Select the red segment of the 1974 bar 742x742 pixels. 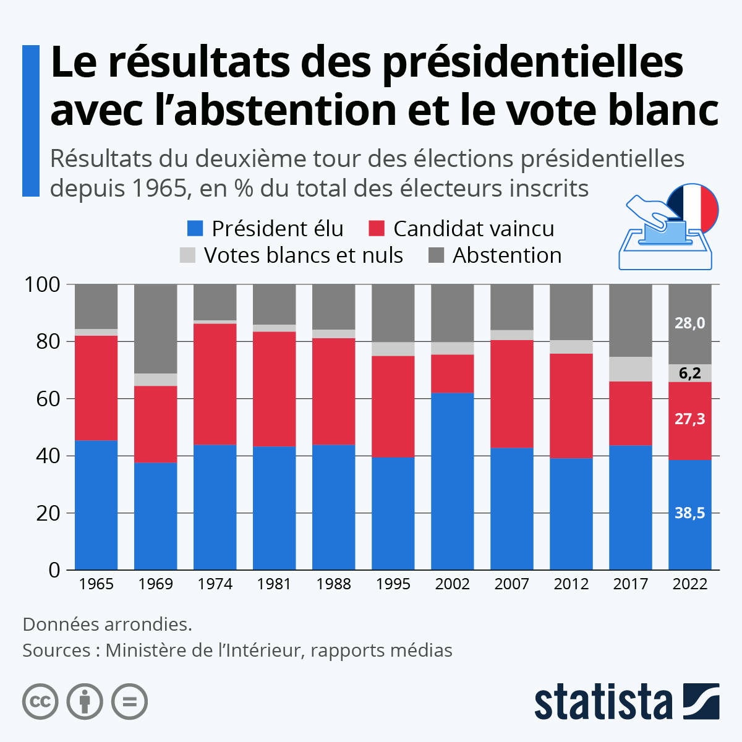[215, 384]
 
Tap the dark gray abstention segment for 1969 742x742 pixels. [155, 328]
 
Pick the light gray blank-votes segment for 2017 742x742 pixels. [630, 369]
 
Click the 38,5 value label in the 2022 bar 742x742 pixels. [689, 513]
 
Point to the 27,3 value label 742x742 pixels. [689, 419]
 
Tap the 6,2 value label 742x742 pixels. [689, 373]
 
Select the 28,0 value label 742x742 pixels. [689, 323]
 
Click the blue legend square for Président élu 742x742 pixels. [195, 229]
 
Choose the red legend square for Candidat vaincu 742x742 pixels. [377, 229]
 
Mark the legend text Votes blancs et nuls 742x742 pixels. [303, 255]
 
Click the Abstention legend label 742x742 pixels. [507, 255]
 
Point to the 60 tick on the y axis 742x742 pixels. [48, 399]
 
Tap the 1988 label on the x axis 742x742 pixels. [333, 584]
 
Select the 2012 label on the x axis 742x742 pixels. [571, 584]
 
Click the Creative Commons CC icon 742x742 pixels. [40, 702]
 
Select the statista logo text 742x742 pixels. [603, 702]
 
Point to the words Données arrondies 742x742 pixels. [107, 624]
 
